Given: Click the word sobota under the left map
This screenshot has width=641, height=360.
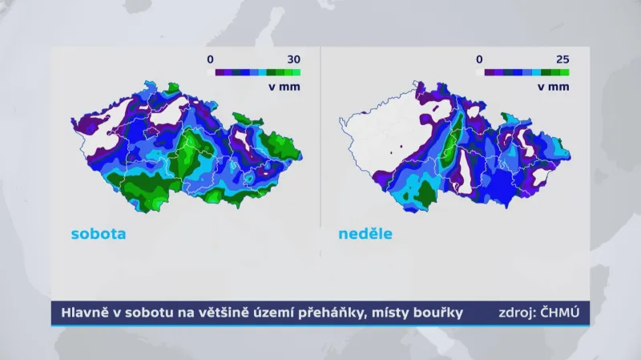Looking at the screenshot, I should (x=99, y=235).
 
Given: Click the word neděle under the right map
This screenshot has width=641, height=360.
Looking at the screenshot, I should (x=365, y=235).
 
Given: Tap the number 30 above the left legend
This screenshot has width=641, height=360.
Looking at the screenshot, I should (x=293, y=59).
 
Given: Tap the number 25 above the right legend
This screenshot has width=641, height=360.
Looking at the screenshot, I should (x=562, y=59).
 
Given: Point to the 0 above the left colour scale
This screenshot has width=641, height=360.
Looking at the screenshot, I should (x=210, y=59).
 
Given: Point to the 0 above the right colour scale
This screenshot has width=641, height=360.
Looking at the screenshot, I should (x=479, y=59).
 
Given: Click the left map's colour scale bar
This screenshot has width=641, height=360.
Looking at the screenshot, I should (x=252, y=72).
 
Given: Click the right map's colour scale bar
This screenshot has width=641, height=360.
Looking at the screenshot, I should (x=522, y=72).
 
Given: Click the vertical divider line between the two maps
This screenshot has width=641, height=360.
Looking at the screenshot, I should (x=320, y=136).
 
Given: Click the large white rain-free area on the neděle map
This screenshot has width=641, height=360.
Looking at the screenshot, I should (x=377, y=136).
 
